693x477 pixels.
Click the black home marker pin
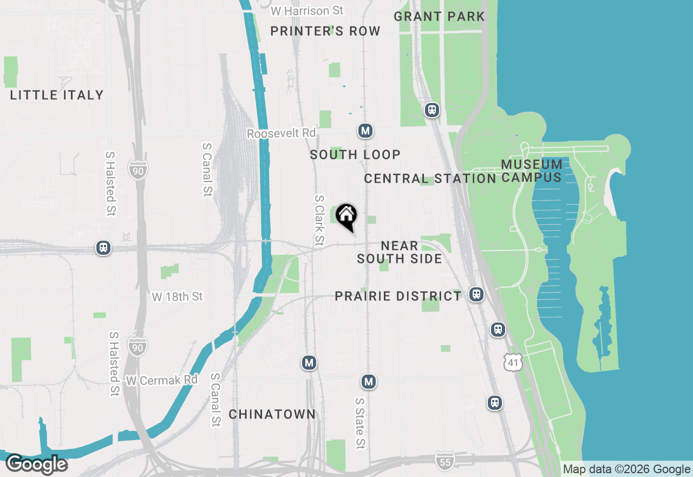point(346,216)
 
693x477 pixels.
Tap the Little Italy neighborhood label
point(57,95)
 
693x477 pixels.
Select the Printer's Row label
point(325,31)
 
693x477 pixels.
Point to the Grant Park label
point(439,16)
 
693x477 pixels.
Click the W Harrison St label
point(308,11)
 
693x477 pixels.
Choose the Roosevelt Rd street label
point(281,133)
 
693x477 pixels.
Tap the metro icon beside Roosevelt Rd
point(365,131)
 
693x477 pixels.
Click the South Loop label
point(355,155)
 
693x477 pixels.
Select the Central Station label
point(430,178)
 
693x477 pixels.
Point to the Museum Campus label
point(532,171)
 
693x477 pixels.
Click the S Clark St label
point(319,220)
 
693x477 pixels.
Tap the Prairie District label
point(398,296)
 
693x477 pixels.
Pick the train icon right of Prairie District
point(476,294)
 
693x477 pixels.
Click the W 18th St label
point(177,296)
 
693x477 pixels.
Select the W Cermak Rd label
point(162,381)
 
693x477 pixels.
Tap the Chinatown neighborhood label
point(272,414)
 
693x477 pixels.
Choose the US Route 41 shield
point(512,362)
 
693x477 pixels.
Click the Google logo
point(37,464)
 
